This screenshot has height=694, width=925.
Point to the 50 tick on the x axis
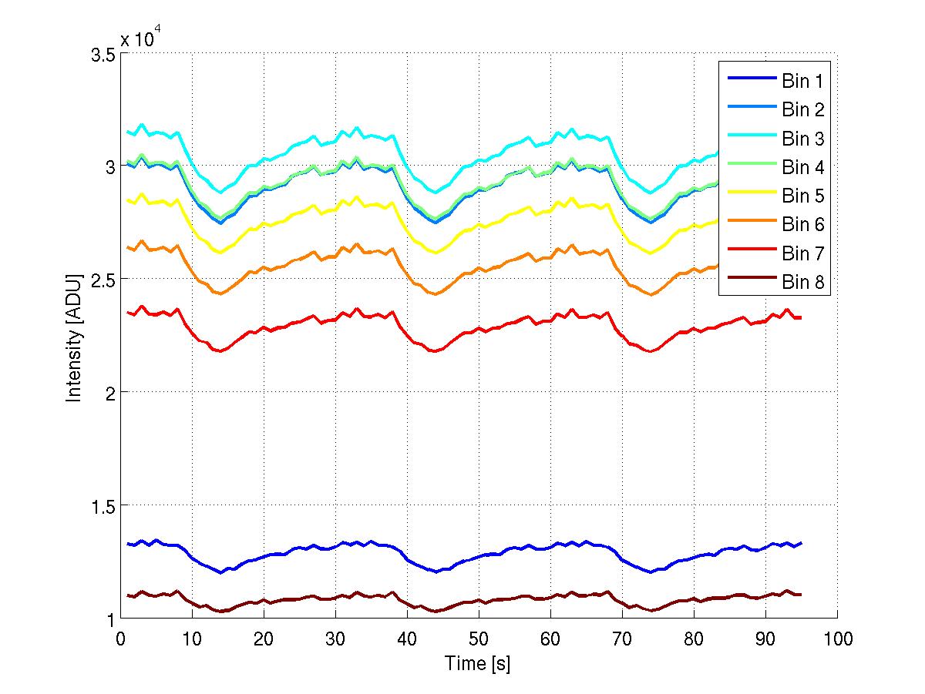click(478, 639)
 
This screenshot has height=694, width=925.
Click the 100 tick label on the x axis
click(836, 639)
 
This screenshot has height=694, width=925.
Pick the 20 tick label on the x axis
click(264, 639)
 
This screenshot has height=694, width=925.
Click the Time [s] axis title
click(477, 663)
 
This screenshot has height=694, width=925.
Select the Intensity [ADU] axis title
click(74, 336)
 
